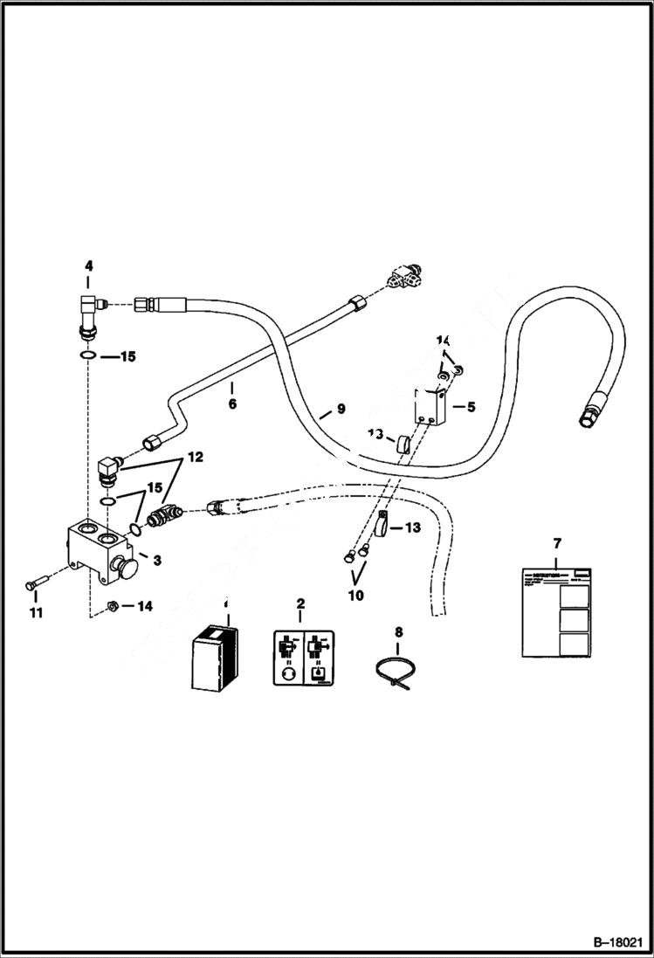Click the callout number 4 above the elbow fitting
(87, 265)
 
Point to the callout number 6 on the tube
(232, 404)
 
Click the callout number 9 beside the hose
(341, 409)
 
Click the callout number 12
(193, 456)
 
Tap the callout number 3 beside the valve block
(156, 559)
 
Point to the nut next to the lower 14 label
(112, 604)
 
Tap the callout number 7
(557, 543)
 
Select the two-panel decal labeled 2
(300, 658)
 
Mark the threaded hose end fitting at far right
(590, 410)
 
